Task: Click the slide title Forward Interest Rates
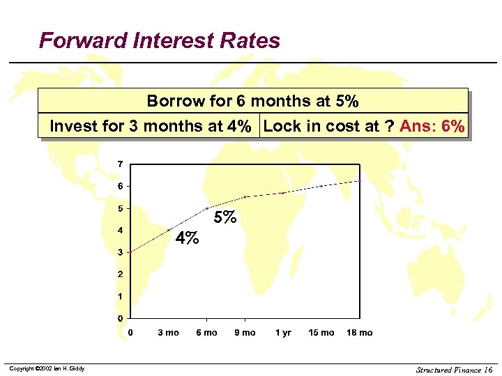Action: (x=160, y=40)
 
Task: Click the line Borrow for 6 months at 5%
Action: (x=252, y=101)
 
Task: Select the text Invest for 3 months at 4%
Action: (x=150, y=126)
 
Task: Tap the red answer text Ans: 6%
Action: (x=432, y=126)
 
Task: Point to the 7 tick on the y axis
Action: (x=120, y=164)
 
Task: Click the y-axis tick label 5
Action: (x=120, y=208)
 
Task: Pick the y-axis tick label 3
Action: (x=120, y=252)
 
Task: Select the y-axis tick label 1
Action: (x=120, y=297)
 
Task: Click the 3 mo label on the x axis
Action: (x=168, y=333)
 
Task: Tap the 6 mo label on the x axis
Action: (x=206, y=333)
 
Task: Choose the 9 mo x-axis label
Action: (x=245, y=333)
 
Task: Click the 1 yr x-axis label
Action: (x=283, y=333)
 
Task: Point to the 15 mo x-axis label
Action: (x=321, y=333)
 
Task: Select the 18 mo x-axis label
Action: (x=360, y=333)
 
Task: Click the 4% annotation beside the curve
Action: (x=187, y=238)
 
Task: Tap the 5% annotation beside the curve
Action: (x=225, y=217)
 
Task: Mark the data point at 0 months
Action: (x=130, y=252)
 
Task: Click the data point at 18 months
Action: (x=360, y=181)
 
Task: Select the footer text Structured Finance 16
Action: (x=454, y=369)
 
